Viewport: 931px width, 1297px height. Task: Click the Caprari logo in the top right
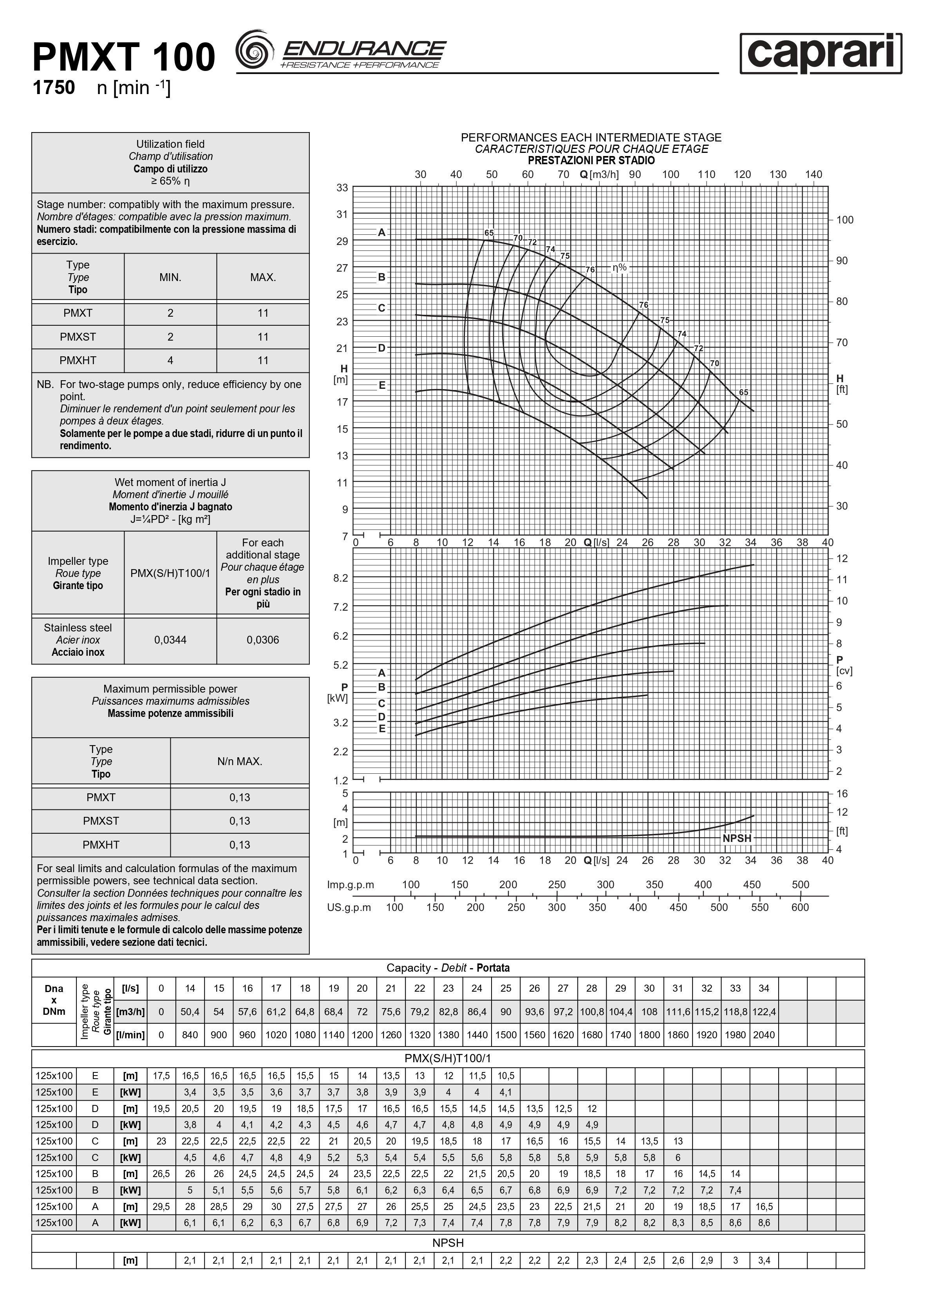point(821,53)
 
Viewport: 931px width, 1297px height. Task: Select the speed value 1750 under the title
point(54,87)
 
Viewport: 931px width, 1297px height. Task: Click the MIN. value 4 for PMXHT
point(170,360)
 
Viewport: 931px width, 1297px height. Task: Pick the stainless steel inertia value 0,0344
point(170,640)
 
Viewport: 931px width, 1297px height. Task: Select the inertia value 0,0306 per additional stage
point(263,640)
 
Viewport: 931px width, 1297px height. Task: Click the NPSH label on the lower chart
point(737,838)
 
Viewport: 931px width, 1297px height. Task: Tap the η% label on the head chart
point(620,267)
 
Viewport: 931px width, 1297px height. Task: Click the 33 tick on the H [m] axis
point(342,188)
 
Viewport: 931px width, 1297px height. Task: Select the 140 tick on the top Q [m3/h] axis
point(813,174)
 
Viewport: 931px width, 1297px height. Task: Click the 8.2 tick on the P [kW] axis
point(341,578)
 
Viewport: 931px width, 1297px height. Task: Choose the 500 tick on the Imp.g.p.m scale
point(800,885)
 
